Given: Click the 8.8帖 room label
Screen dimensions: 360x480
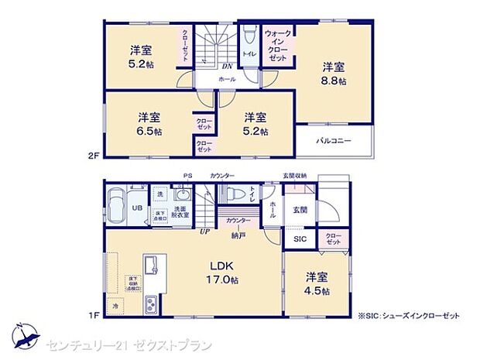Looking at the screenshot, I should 334,74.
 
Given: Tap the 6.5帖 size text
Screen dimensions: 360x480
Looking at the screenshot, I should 149,125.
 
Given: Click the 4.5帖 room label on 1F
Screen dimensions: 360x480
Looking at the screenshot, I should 316,284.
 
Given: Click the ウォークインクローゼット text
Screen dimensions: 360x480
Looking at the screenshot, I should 278,46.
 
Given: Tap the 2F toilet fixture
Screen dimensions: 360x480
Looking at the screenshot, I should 249,38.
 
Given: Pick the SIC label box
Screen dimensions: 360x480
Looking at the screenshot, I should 300,239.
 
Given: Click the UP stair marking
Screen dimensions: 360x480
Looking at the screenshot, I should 205,231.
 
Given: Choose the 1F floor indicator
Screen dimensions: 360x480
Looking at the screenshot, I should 94,315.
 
